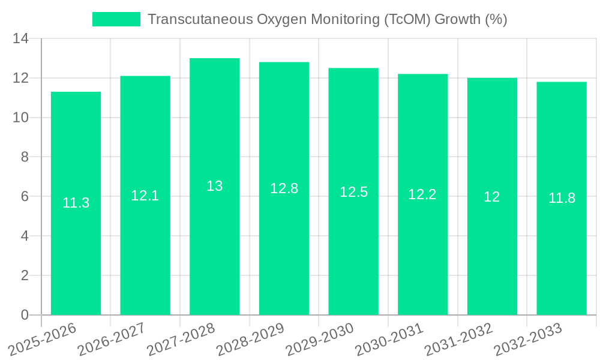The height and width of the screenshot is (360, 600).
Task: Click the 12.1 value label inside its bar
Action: [x=145, y=196]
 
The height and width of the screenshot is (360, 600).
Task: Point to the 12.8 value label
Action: [x=284, y=188]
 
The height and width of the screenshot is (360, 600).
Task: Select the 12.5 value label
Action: [x=353, y=192]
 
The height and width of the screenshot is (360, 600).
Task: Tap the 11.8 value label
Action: [x=562, y=198]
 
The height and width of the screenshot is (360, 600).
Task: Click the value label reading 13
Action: [x=214, y=186]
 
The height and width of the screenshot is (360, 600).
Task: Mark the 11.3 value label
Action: [x=76, y=203]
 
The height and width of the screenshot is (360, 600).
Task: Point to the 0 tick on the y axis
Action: [x=25, y=315]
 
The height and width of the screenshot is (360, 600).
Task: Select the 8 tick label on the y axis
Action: [x=25, y=157]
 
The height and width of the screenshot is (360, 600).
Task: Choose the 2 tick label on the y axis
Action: [x=25, y=275]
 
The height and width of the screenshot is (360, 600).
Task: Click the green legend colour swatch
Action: [x=116, y=19]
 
